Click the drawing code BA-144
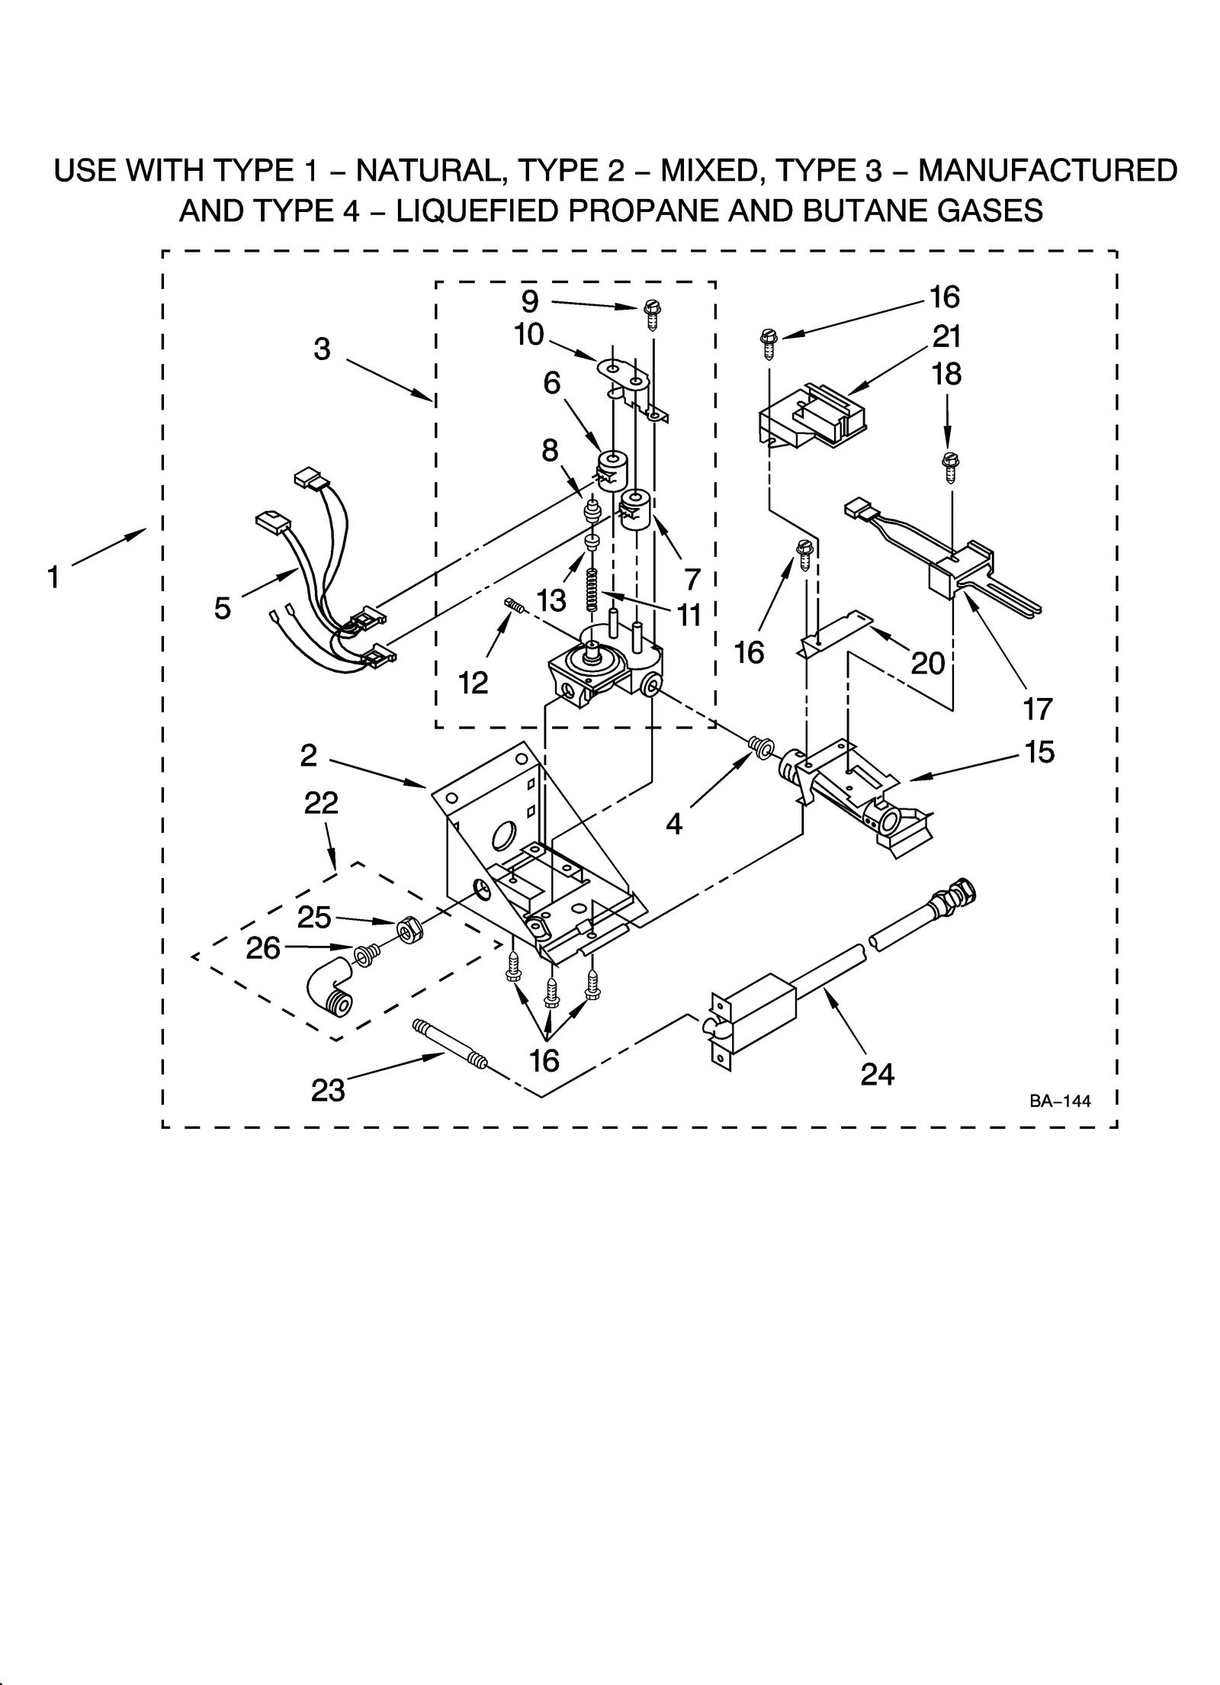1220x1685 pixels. pos(1059,1101)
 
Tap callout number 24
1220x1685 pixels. pos(877,1074)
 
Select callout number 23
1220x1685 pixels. pos(328,1090)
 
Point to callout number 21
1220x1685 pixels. pos(946,336)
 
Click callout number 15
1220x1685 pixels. pos(1039,751)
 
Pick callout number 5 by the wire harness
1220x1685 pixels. pos(222,608)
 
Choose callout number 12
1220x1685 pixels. pos(473,683)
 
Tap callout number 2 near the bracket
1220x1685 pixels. pos(308,755)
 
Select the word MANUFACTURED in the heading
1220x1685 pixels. pos(1047,170)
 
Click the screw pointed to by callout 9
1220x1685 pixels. pos(651,313)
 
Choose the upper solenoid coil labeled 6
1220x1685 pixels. pos(611,468)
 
